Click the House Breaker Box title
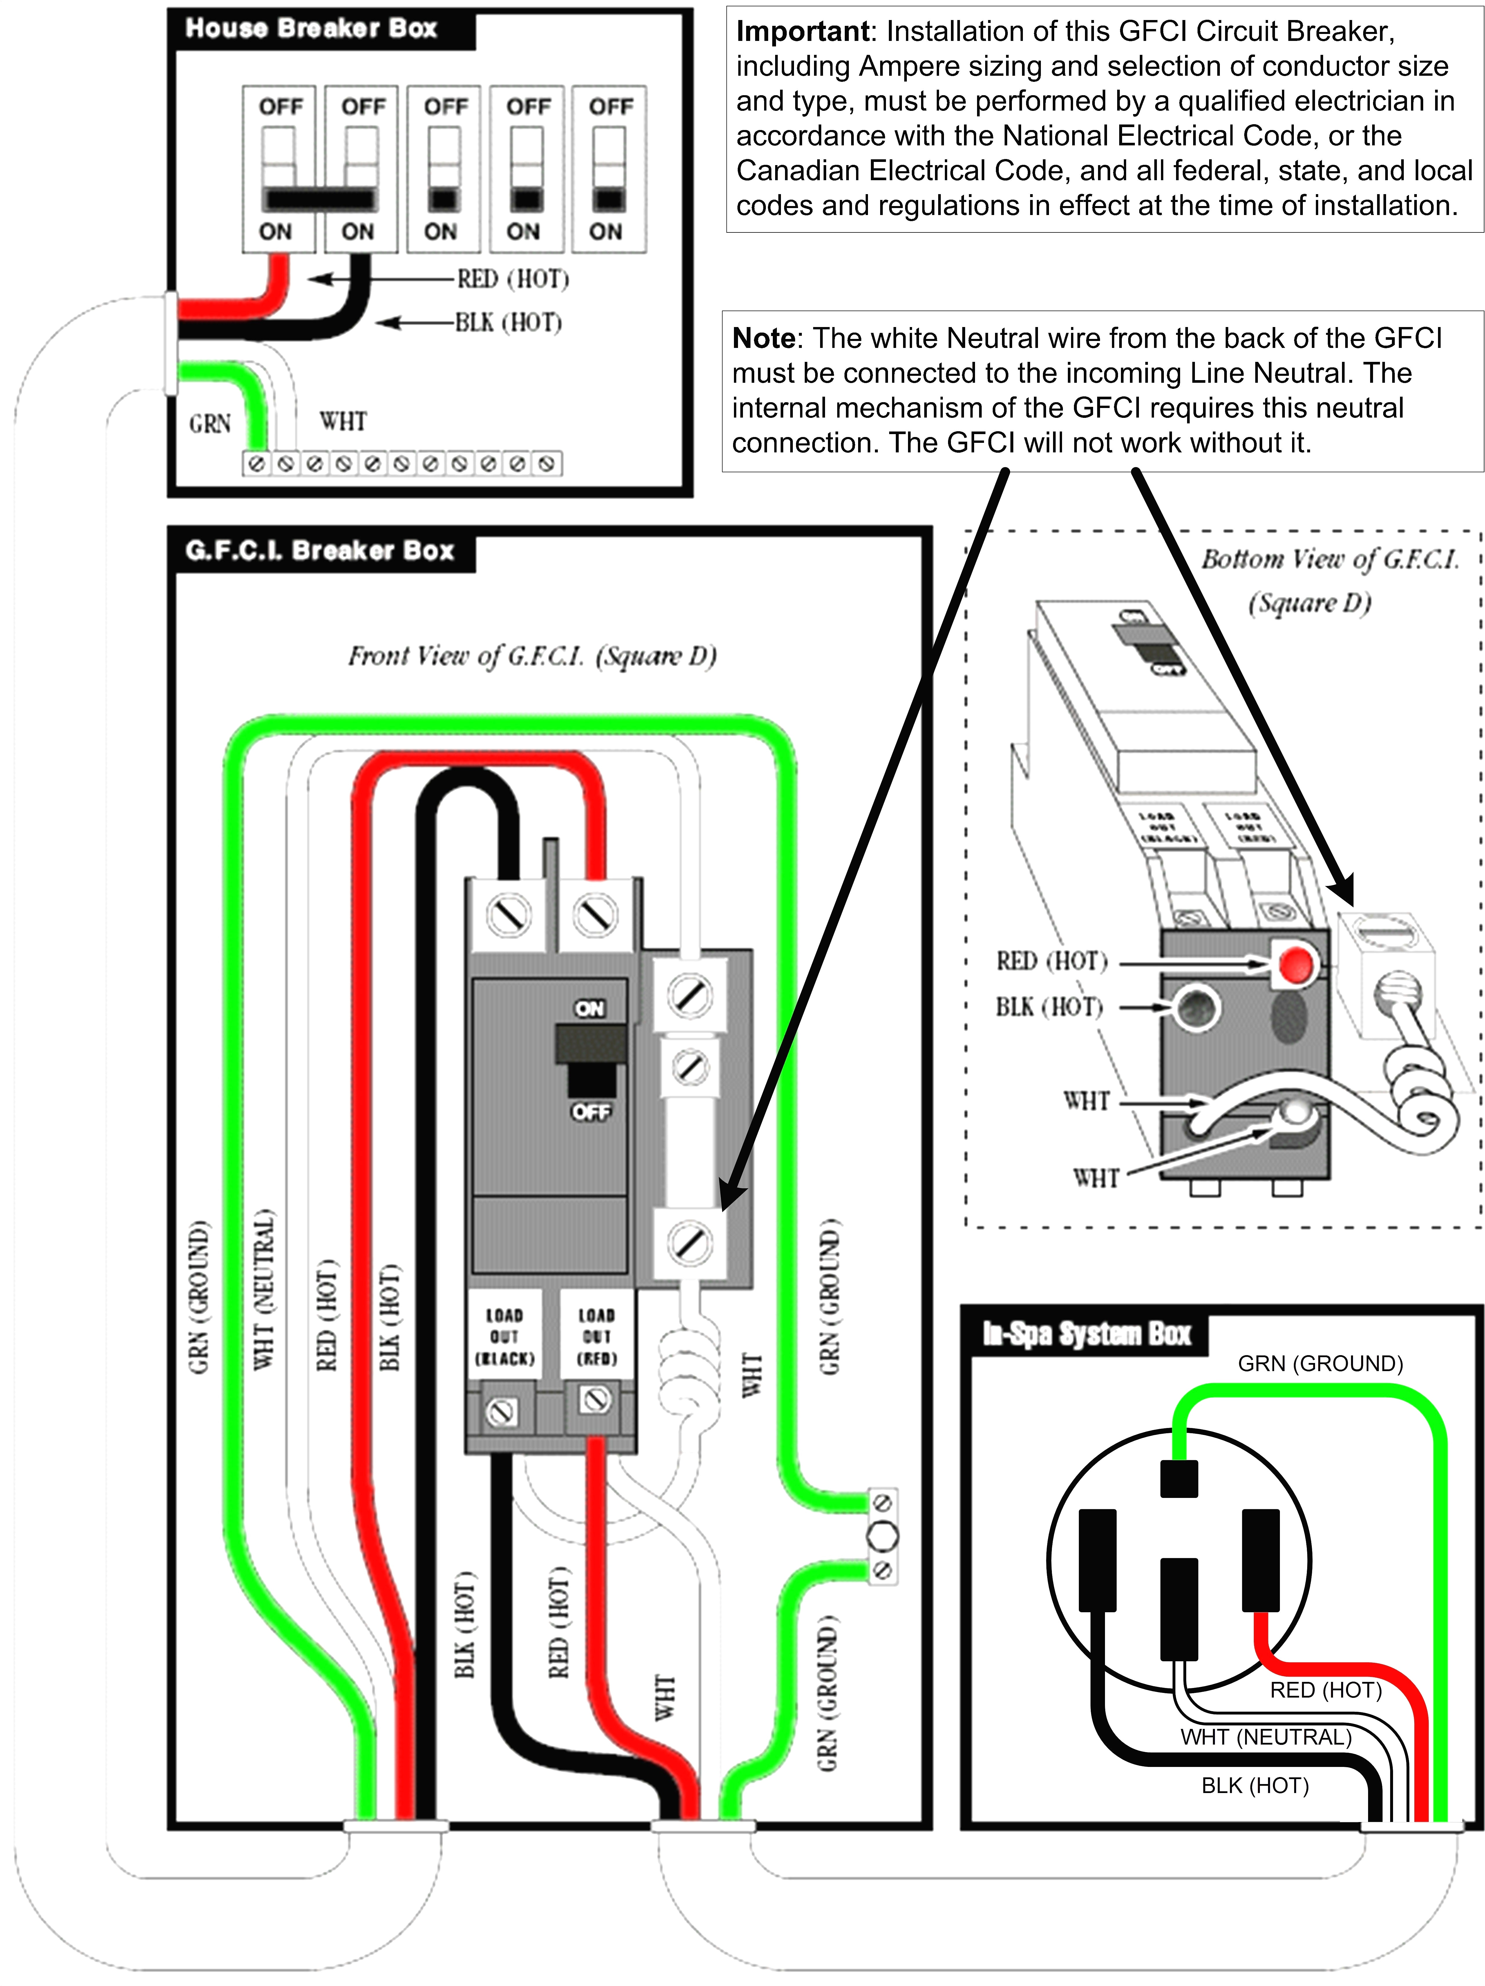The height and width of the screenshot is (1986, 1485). click(311, 29)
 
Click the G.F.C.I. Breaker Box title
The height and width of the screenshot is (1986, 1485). click(320, 550)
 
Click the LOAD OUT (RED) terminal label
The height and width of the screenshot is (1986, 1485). click(596, 1336)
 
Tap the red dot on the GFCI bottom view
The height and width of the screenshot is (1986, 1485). click(1294, 965)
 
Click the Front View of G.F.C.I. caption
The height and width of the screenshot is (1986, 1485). click(532, 656)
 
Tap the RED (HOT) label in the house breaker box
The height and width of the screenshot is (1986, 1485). click(513, 279)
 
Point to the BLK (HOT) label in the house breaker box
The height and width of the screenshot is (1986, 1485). click(508, 322)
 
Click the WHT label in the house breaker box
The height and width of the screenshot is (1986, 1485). click(343, 421)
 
